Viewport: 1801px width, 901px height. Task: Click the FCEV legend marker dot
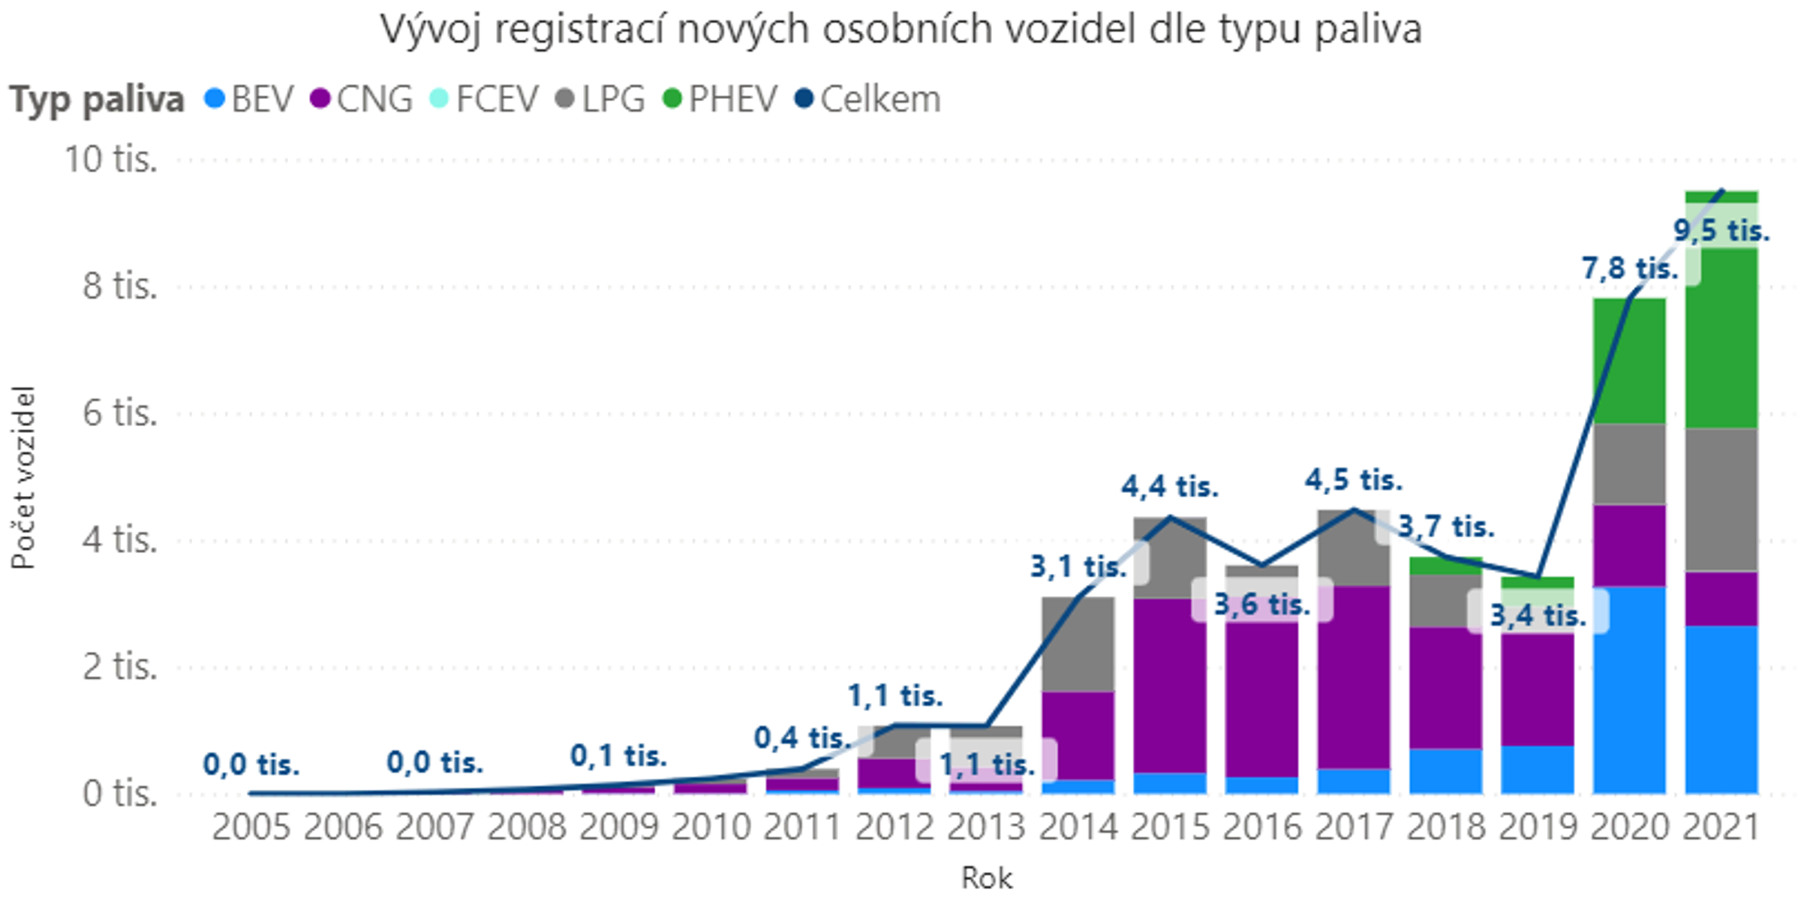(439, 98)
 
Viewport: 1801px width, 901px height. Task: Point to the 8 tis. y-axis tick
(119, 286)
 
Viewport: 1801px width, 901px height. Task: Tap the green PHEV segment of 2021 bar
(1721, 338)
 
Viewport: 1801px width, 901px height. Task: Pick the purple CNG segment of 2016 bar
(1262, 698)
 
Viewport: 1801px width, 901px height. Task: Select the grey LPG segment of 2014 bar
(1078, 644)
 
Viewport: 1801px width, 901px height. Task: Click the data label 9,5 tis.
(1721, 230)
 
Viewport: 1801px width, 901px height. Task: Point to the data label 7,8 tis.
(1629, 269)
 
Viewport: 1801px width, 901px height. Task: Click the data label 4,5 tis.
(1353, 480)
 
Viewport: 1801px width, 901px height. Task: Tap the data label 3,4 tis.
(1538, 616)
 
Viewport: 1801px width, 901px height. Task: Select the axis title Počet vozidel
(23, 478)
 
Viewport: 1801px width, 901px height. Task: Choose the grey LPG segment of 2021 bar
(1721, 500)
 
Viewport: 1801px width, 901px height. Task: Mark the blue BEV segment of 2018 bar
(1446, 771)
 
